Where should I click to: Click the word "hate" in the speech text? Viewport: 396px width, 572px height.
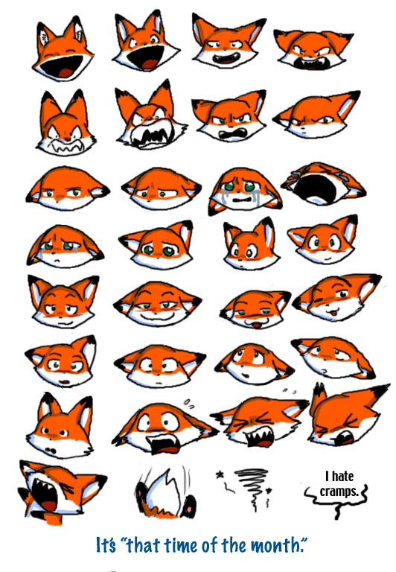(x=342, y=476)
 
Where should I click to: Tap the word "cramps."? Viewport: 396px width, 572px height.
(x=339, y=491)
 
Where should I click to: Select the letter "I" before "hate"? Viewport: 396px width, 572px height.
(x=328, y=476)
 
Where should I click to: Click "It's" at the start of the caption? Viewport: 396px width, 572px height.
(x=106, y=545)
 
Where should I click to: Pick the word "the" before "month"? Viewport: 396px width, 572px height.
(x=234, y=545)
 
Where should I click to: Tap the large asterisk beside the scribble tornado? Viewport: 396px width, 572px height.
(x=220, y=475)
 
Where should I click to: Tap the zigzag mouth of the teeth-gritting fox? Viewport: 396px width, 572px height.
(x=68, y=146)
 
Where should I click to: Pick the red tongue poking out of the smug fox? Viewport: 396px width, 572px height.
(x=257, y=325)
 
